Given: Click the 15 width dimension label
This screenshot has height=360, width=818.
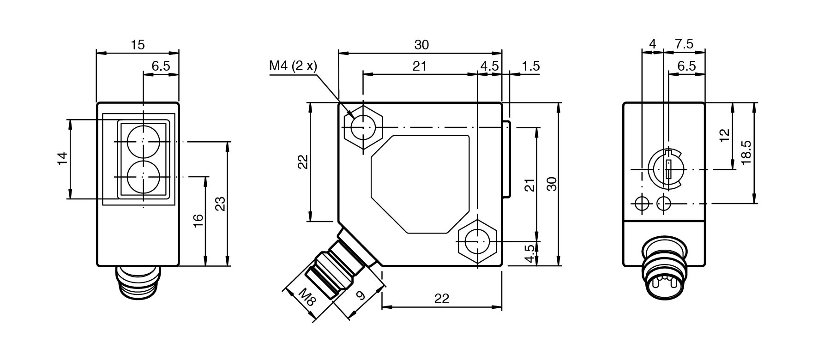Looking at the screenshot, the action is (x=138, y=45).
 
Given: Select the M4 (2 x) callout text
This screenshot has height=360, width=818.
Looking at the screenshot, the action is (x=294, y=66).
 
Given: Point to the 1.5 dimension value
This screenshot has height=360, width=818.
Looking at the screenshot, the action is (x=530, y=66).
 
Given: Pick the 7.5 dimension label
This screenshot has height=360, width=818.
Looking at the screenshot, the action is (x=684, y=44).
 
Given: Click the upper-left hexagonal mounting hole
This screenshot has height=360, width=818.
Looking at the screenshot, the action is (x=363, y=127).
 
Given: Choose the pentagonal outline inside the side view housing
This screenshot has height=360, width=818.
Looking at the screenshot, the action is (x=420, y=184).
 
